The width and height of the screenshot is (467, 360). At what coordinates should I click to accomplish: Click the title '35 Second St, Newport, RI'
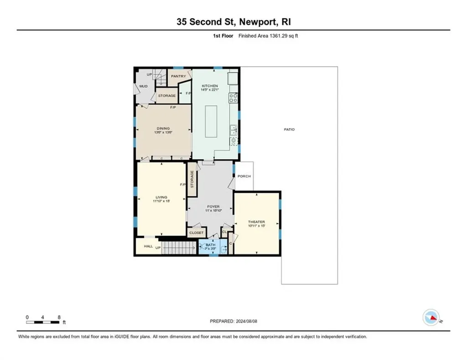[233, 22]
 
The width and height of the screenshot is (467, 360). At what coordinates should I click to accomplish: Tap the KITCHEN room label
[210, 86]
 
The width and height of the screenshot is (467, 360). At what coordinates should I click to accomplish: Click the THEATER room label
[257, 222]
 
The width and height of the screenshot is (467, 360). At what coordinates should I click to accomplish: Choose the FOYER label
[210, 206]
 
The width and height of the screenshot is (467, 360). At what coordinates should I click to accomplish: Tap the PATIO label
[289, 129]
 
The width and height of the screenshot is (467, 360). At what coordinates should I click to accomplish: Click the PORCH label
[244, 176]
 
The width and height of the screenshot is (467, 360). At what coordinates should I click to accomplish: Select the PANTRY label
[178, 76]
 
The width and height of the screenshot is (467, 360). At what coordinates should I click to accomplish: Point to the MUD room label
[143, 86]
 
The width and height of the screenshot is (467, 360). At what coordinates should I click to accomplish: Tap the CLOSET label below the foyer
[197, 232]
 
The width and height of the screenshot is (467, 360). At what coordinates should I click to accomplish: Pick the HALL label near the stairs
[148, 246]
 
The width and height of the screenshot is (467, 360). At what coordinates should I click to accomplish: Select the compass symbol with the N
[431, 317]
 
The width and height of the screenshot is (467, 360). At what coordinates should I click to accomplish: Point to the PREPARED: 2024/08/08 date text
[233, 321]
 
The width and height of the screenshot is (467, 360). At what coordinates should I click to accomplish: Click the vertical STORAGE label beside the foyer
[192, 179]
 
